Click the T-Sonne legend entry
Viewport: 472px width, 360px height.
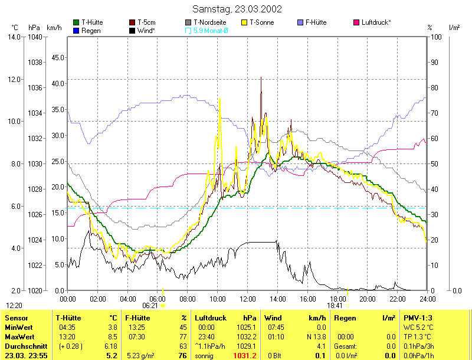point(262,22)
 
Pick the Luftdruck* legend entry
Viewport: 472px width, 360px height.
point(376,22)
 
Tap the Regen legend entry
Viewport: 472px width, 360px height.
point(90,30)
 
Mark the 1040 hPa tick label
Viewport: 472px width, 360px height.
point(35,37)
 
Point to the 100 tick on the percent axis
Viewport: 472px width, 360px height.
point(437,37)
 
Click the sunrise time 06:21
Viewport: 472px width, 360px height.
point(150,306)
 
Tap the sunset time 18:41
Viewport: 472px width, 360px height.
point(335,306)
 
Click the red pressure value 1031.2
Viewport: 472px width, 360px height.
point(245,355)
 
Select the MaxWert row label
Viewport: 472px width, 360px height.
point(19,336)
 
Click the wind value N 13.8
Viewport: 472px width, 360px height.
point(300,336)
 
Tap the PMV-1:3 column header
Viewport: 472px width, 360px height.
point(417,318)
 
